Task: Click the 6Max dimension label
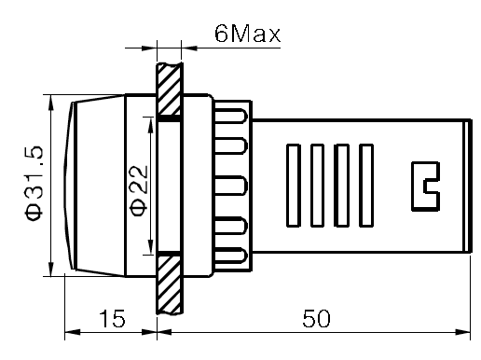point(247,35)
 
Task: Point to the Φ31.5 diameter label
point(33,183)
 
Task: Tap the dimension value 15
point(112,319)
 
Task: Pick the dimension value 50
point(317,319)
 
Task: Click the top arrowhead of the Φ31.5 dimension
point(48,99)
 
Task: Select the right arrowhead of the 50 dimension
point(466,331)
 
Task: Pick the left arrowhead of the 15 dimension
point(67,331)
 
